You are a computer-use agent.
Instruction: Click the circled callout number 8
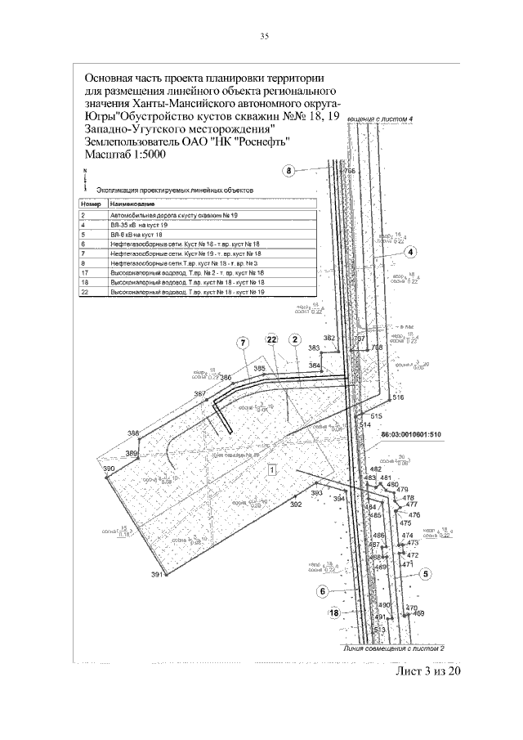point(288,171)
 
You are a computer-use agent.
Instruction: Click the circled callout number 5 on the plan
point(426,574)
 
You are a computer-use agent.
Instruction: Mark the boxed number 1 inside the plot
point(271,469)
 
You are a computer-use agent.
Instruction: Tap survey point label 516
point(398,397)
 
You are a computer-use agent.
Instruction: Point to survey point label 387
point(199,394)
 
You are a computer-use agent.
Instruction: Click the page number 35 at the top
point(264,36)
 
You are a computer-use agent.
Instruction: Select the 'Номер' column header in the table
point(90,201)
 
